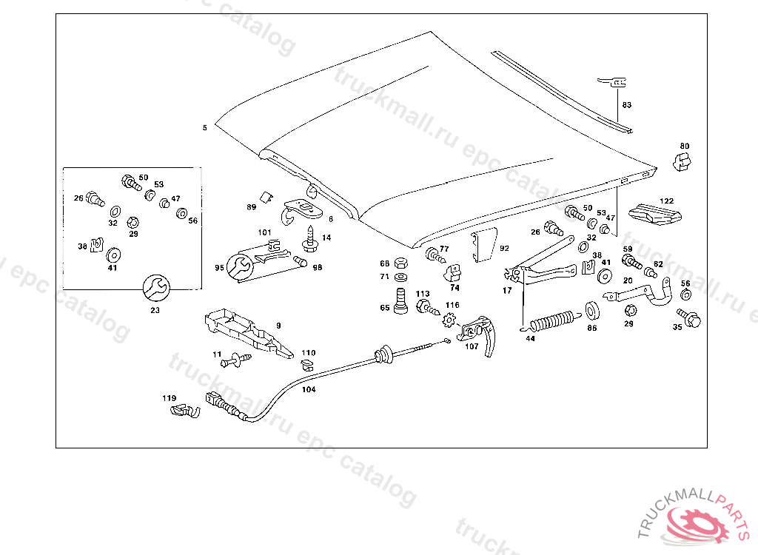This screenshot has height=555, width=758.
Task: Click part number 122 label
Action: coord(667,201)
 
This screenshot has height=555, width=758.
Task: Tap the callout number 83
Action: coord(626,105)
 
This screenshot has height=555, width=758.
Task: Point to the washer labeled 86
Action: coord(592,309)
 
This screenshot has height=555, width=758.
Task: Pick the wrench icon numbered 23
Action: coord(155,286)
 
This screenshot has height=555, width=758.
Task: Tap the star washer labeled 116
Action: coord(447,320)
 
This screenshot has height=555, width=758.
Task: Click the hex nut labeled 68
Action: coord(400,263)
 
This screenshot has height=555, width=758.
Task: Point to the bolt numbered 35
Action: coord(692,319)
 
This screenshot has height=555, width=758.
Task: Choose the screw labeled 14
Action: coord(309,238)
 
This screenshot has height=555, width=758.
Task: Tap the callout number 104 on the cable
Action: coord(309,388)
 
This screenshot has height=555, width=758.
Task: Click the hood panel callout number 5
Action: coord(204,128)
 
